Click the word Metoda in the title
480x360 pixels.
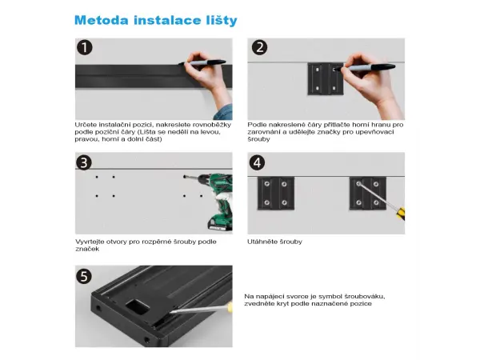(x=102, y=21)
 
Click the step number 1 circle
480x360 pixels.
(x=85, y=48)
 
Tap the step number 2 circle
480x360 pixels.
(x=259, y=47)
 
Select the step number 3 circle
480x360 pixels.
(x=84, y=162)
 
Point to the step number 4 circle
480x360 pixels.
(x=257, y=162)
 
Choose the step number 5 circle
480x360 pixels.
(x=84, y=277)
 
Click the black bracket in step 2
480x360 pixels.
(x=326, y=78)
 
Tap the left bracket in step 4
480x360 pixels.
(x=276, y=194)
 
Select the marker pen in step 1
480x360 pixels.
(x=202, y=62)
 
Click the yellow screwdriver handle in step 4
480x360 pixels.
(x=401, y=213)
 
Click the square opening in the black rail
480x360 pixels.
(x=137, y=307)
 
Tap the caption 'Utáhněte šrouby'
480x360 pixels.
(x=274, y=242)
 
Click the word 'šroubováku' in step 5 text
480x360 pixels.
(x=365, y=297)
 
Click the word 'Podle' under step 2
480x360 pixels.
(x=256, y=125)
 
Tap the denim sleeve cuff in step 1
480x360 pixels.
(x=224, y=112)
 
